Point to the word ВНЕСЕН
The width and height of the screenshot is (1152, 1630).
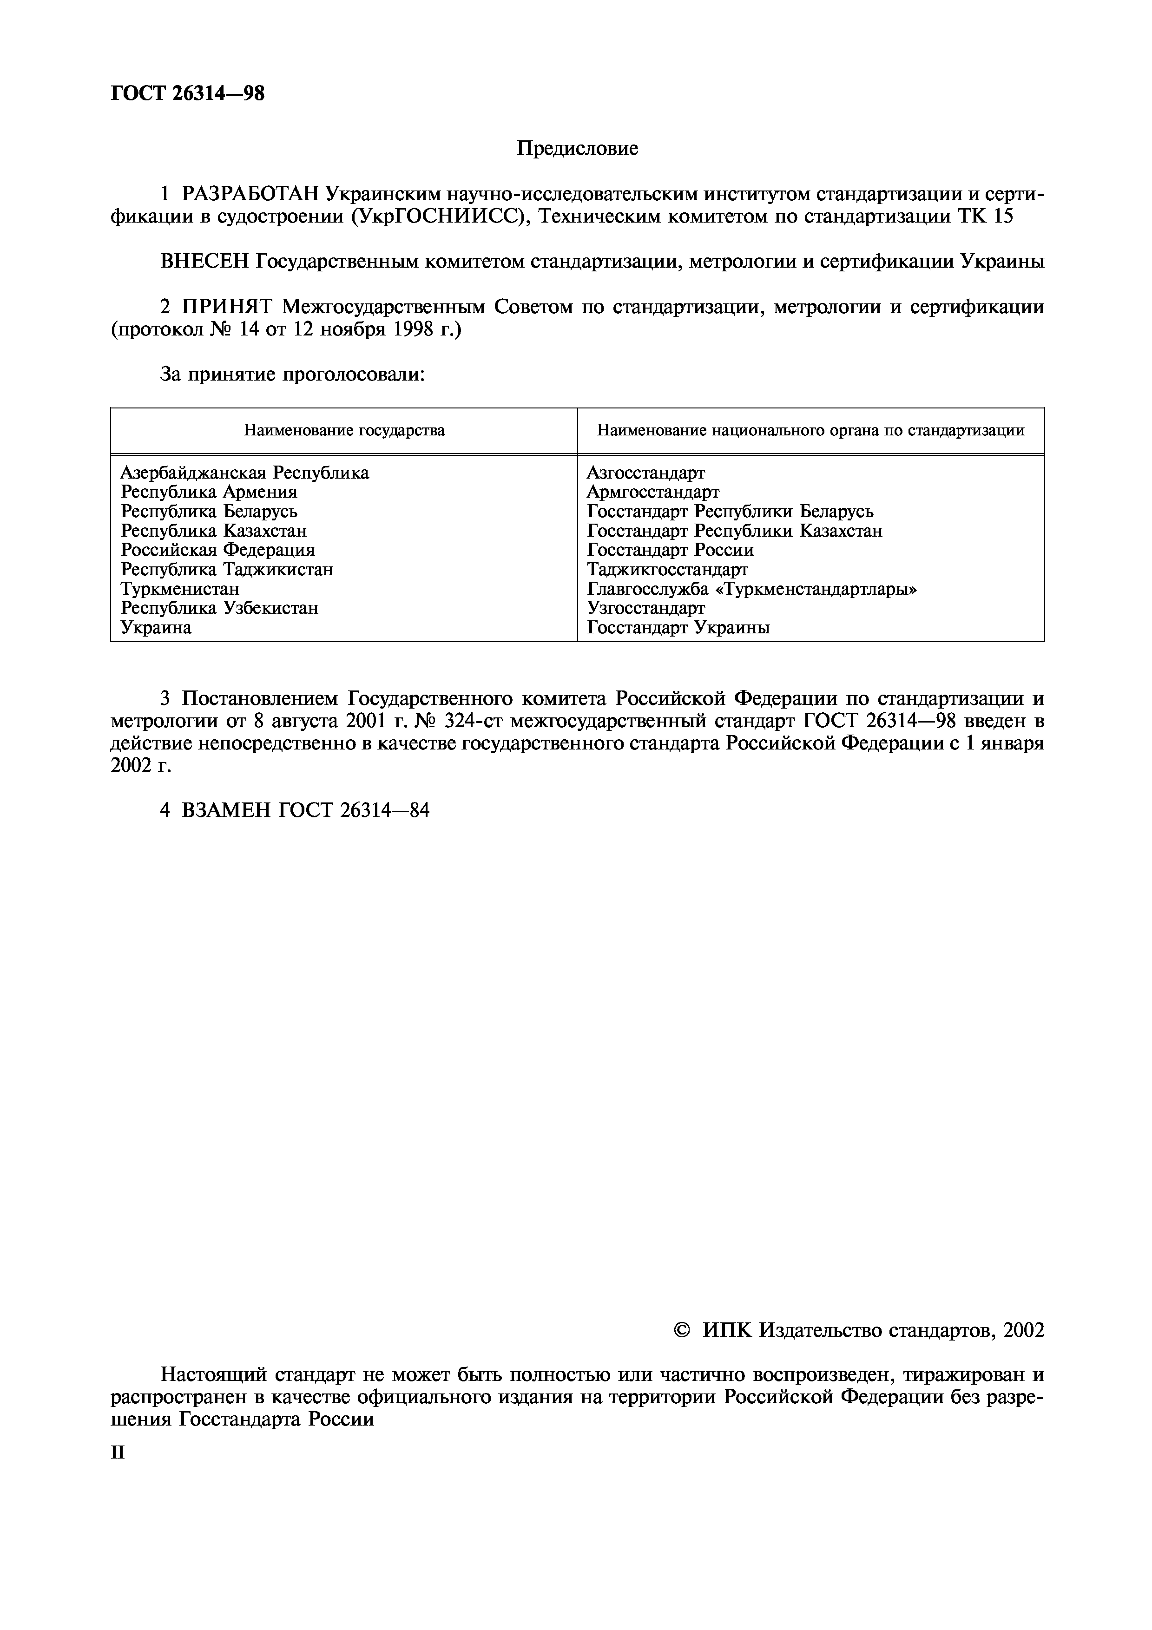tap(204, 262)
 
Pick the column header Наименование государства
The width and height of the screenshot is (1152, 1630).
tap(344, 430)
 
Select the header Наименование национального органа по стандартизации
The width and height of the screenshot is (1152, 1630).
tap(810, 430)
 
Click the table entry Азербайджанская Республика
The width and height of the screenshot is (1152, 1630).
tap(245, 473)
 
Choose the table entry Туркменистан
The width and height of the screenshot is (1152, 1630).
tap(180, 589)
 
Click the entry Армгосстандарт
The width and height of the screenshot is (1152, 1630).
tap(653, 492)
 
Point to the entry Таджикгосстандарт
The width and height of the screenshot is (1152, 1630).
tap(667, 569)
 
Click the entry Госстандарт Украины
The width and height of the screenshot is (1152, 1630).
tap(678, 628)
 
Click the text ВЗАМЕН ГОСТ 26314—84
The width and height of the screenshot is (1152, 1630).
tap(305, 811)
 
